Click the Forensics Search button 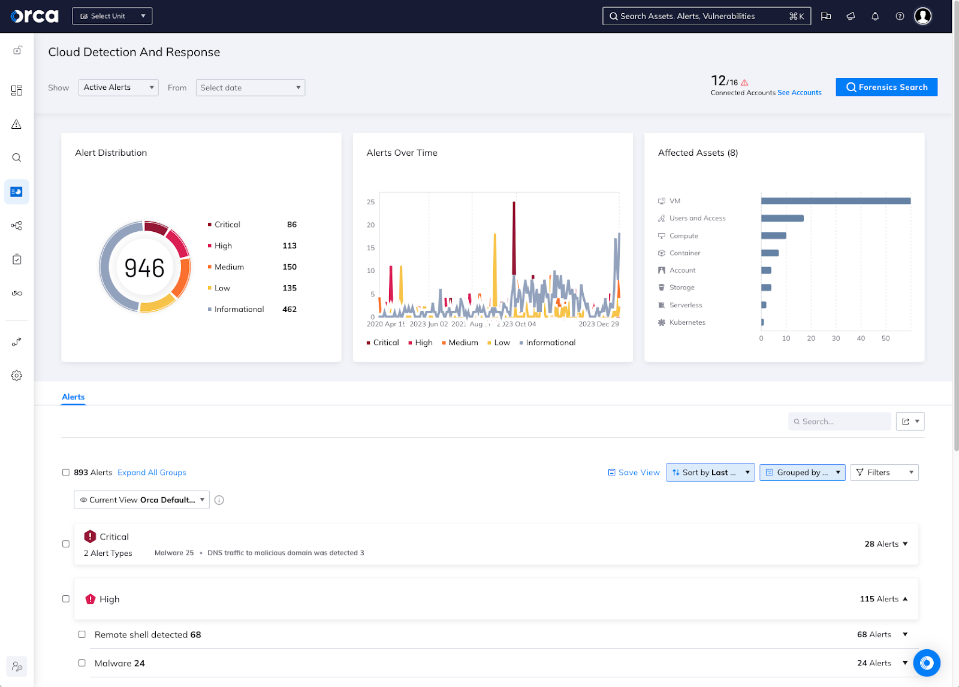tap(886, 87)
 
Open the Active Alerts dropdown tap(118, 87)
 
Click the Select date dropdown tap(250, 87)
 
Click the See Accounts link tap(799, 93)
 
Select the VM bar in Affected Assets tap(835, 201)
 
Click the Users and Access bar tap(782, 219)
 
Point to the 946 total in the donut tap(144, 268)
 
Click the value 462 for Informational tap(289, 309)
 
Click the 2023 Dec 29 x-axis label tap(598, 324)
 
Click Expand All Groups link tap(152, 473)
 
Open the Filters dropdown tap(883, 473)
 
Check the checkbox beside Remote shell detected tap(82, 634)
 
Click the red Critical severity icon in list tap(90, 537)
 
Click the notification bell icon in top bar tap(874, 16)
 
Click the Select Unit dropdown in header tap(112, 16)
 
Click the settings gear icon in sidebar tap(17, 376)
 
